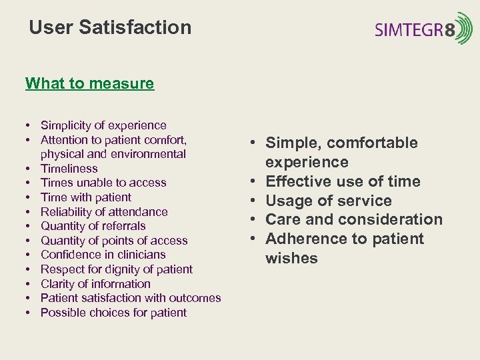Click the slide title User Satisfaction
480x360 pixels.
tap(110, 27)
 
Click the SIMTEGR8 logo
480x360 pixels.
tap(423, 29)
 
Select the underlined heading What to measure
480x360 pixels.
tap(89, 83)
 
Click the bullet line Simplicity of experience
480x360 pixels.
tap(103, 125)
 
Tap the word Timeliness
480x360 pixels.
tap(69, 169)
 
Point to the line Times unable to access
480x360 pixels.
tap(103, 183)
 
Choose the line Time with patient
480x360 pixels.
tap(86, 197)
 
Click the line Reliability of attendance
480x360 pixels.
tap(104, 212)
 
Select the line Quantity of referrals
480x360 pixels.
tap(93, 226)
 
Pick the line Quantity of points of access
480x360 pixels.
tap(114, 241)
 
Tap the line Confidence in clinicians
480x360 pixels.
tap(103, 255)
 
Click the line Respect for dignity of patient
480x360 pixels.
tap(117, 269)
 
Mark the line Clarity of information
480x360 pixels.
tap(95, 284)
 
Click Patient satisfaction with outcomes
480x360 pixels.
tap(131, 298)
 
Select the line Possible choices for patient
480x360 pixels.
tap(113, 313)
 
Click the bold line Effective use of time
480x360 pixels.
tap(343, 181)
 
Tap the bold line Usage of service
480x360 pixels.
tap(329, 201)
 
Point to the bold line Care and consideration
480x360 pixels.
tap(354, 219)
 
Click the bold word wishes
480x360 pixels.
tap(291, 258)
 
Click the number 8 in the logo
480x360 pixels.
tap(450, 29)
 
